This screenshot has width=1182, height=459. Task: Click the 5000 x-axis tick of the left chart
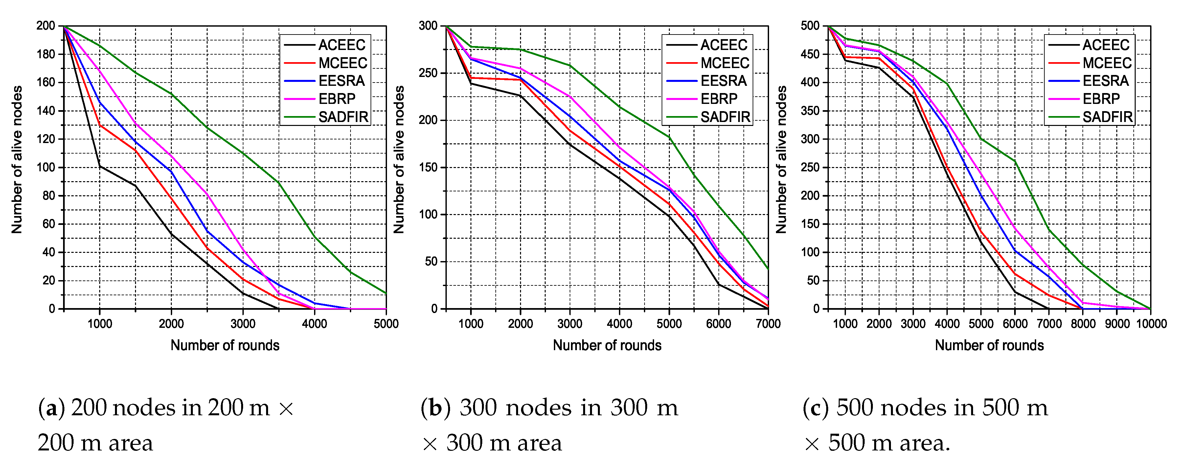tap(386, 324)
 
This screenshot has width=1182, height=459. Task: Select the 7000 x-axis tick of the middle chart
tap(768, 324)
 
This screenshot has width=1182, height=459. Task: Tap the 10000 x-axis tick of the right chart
tap(1151, 324)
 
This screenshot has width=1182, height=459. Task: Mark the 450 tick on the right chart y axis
tap(809, 54)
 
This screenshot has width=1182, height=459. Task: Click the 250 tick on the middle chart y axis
tap(428, 73)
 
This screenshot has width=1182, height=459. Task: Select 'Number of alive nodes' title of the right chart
tap(781, 159)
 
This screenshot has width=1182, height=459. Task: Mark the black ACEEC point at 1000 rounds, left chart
tap(100, 166)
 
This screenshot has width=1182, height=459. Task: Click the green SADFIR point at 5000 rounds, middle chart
tap(669, 137)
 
